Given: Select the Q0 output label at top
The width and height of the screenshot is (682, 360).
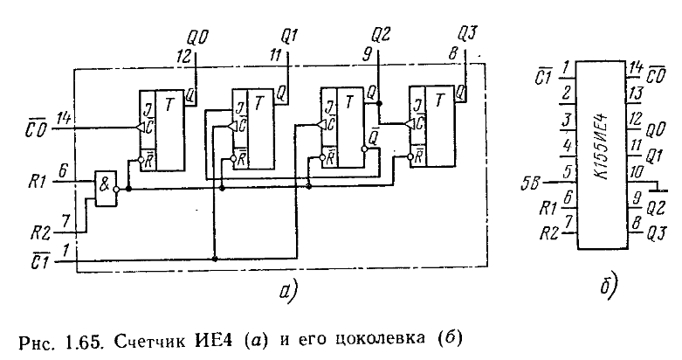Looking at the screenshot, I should point(197,38).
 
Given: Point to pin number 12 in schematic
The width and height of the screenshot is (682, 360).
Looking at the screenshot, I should point(183,55).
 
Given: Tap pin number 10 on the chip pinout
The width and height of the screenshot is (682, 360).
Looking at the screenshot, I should point(637,174).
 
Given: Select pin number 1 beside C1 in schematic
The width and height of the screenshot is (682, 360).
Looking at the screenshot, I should point(65,250).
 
